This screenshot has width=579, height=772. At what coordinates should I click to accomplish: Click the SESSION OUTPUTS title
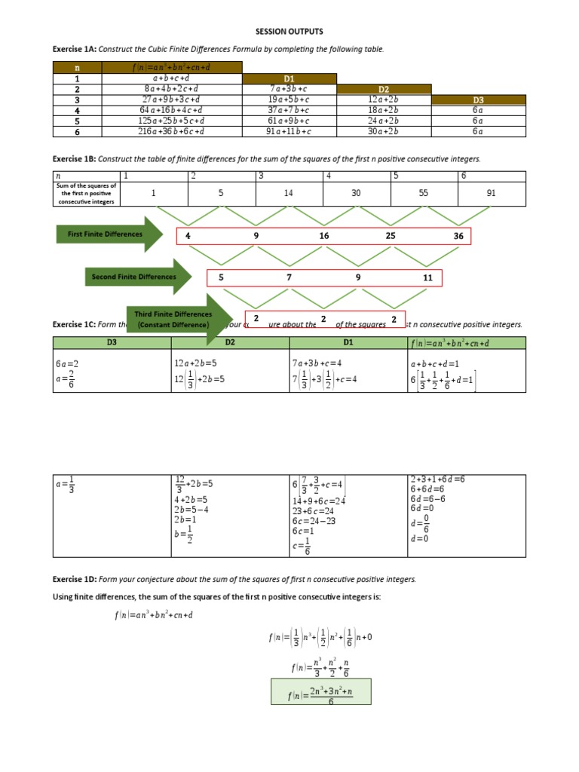click(x=289, y=32)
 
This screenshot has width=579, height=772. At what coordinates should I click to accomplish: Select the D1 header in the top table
click(x=289, y=78)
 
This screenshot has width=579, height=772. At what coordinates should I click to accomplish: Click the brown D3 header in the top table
click(x=478, y=99)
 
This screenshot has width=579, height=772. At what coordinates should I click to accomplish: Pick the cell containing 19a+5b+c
click(x=289, y=99)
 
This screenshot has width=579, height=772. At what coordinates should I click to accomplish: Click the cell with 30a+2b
click(x=384, y=131)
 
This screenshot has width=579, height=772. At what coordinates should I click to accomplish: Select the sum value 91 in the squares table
click(x=492, y=193)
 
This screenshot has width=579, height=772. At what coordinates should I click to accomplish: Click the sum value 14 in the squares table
click(x=289, y=193)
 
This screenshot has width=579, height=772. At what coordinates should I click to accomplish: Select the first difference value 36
click(x=458, y=236)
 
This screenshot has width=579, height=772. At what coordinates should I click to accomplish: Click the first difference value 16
click(x=324, y=236)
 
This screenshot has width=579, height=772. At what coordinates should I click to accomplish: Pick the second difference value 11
click(x=427, y=277)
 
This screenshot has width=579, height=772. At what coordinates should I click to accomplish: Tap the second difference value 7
click(x=289, y=277)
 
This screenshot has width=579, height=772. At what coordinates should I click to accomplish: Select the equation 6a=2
click(x=66, y=363)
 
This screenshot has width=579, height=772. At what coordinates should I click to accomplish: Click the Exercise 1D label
click(x=73, y=579)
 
